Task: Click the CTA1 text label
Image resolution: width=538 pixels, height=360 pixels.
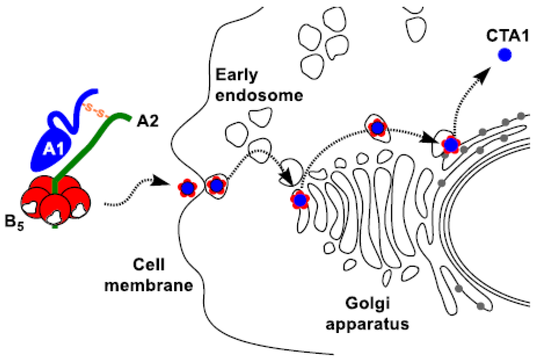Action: click(507, 36)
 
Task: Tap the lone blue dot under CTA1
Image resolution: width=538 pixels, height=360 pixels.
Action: click(504, 55)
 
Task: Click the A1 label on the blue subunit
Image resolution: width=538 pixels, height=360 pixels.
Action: click(53, 149)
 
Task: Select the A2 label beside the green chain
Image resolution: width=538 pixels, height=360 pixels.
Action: click(148, 121)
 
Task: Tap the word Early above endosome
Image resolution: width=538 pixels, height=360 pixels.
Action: click(236, 75)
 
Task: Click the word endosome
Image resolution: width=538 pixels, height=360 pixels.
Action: click(259, 96)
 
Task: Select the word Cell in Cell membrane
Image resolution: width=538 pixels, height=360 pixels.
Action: click(149, 265)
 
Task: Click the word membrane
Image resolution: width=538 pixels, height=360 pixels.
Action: click(149, 286)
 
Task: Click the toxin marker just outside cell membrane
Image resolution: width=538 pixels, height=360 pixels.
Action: click(187, 188)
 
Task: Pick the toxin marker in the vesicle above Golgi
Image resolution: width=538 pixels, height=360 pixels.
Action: click(378, 128)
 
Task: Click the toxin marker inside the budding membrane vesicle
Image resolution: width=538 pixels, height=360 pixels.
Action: click(216, 185)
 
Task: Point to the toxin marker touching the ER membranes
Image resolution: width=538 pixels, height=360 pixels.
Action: click(451, 145)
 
